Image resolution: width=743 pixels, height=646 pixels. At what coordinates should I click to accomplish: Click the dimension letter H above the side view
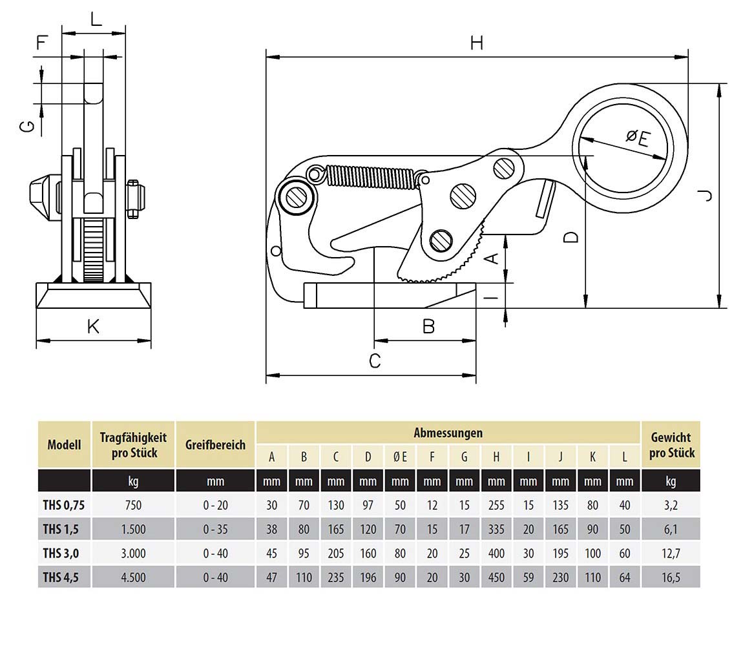[476, 43]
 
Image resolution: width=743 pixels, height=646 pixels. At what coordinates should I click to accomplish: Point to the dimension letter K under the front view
[93, 327]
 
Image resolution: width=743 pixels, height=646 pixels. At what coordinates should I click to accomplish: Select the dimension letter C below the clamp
[375, 360]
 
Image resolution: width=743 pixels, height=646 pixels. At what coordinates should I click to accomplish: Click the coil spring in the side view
[371, 177]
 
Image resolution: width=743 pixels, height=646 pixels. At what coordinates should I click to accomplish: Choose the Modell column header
[64, 444]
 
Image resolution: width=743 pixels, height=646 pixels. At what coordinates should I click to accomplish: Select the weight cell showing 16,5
[671, 577]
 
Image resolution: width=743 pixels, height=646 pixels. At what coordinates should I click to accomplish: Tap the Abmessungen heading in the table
[448, 433]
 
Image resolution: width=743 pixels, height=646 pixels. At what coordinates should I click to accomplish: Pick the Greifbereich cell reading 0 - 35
[215, 529]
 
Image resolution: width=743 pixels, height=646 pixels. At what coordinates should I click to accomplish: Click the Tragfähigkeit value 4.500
[134, 577]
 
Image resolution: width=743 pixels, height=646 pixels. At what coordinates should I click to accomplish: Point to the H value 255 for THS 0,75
[496, 505]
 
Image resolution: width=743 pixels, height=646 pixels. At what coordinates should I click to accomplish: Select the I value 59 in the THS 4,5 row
[528, 577]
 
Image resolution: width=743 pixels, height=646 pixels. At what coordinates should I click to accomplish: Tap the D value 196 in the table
[368, 577]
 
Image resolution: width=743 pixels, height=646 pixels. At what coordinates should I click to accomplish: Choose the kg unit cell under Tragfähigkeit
[134, 481]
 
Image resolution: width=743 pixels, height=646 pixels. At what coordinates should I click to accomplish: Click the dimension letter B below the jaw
[428, 327]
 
